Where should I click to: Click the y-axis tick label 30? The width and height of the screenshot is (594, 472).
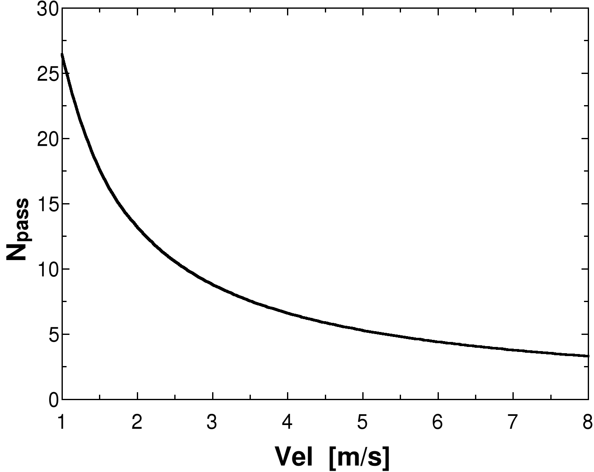pyautogui.click(x=47, y=8)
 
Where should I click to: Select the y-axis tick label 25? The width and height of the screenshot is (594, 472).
pyautogui.click(x=47, y=74)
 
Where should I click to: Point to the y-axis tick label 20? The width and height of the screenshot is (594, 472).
pyautogui.click(x=47, y=139)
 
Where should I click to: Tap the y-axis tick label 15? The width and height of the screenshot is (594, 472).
pyautogui.click(x=47, y=204)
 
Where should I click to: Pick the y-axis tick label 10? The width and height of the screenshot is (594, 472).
pyautogui.click(x=47, y=269)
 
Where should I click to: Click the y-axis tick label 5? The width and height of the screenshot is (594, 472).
pyautogui.click(x=52, y=334)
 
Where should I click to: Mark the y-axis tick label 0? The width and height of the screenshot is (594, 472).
pyautogui.click(x=53, y=400)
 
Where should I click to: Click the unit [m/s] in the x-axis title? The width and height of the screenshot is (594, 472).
pyautogui.click(x=359, y=457)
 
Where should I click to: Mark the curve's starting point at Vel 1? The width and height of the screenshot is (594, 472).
pyautogui.click(x=62, y=54)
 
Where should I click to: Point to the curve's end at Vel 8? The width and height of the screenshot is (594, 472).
pyautogui.click(x=588, y=356)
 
